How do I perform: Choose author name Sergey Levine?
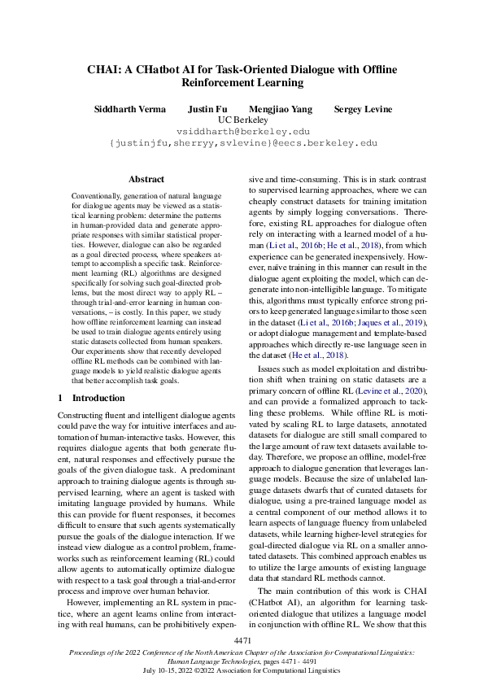[364, 109]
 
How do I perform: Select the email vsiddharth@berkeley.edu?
[243, 131]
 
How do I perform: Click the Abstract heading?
[146, 179]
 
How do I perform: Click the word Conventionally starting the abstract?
[95, 197]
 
